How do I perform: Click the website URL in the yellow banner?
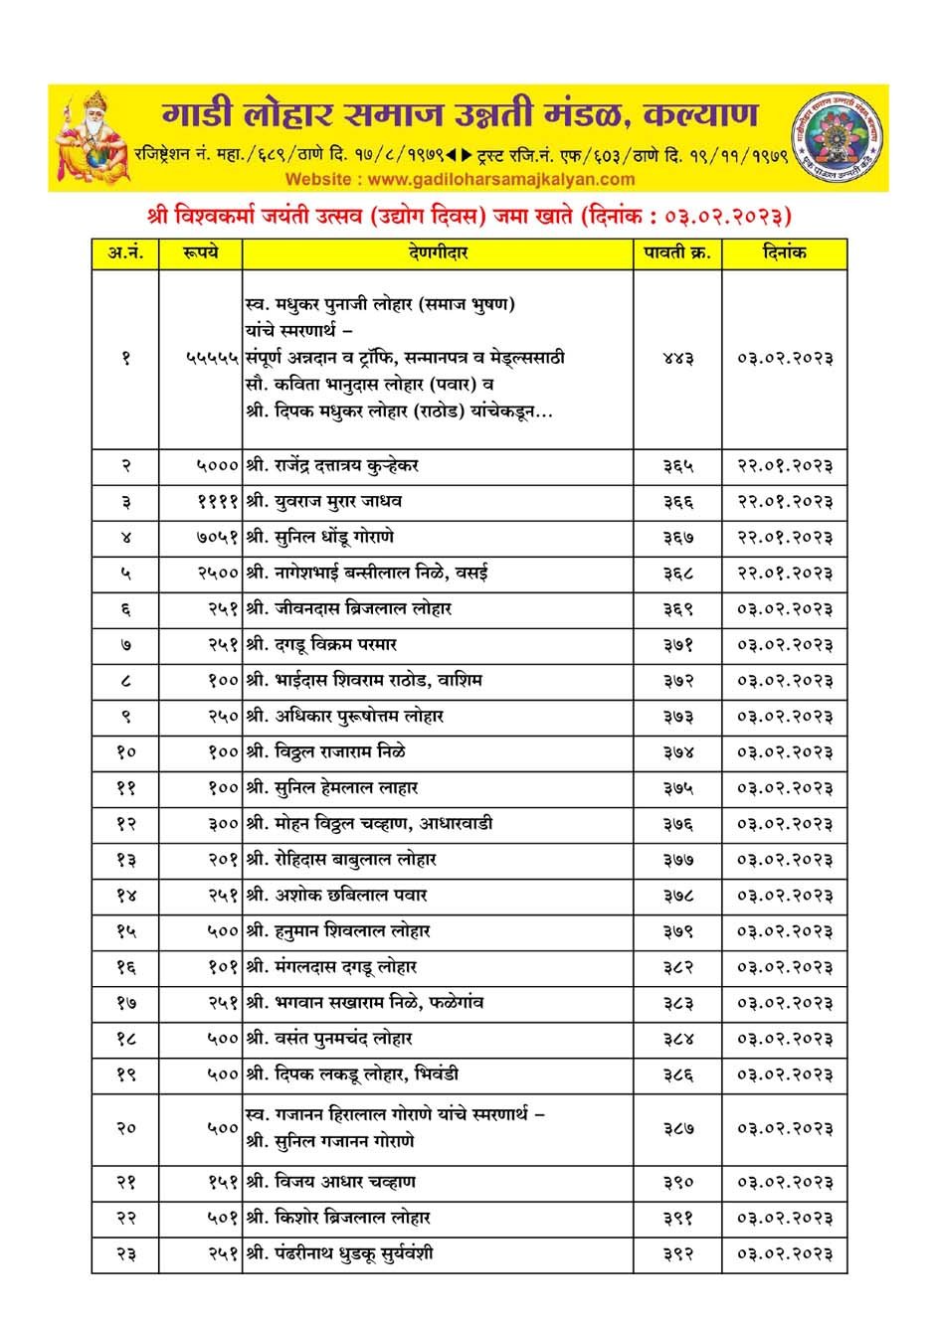click(460, 179)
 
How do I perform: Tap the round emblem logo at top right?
click(837, 137)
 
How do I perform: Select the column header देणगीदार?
click(438, 253)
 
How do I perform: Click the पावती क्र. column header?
click(678, 253)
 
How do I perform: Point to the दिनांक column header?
click(785, 253)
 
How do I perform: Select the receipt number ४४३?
click(678, 358)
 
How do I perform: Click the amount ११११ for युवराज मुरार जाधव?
click(218, 502)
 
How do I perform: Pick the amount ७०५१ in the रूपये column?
click(218, 538)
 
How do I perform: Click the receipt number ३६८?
click(678, 574)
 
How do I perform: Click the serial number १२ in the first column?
click(125, 824)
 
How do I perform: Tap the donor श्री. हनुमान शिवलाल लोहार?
click(338, 931)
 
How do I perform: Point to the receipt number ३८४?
click(678, 1039)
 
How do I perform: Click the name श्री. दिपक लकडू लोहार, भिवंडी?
click(352, 1074)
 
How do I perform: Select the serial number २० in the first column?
click(125, 1129)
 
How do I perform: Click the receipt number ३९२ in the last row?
click(678, 1254)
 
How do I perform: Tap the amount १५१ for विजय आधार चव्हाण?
click(223, 1183)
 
